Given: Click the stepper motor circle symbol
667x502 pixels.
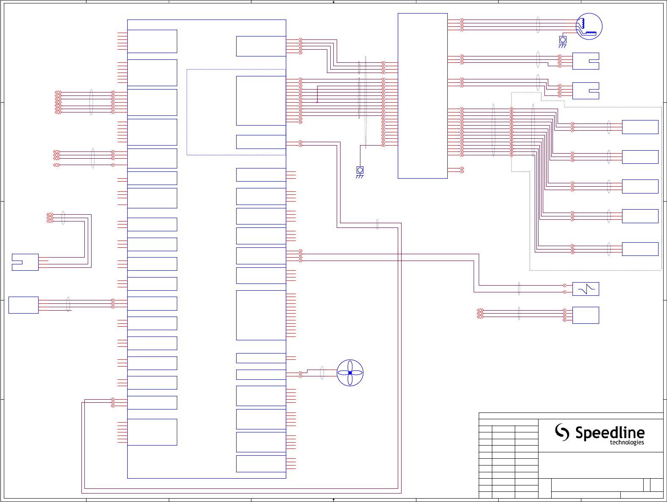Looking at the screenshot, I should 589,26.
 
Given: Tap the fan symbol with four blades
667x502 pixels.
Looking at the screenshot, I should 350,373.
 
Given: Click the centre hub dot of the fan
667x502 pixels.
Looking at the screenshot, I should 350,373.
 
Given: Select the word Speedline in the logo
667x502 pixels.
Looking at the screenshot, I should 610,433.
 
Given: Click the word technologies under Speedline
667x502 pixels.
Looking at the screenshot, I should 627,443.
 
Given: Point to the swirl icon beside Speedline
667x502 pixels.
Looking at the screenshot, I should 562,432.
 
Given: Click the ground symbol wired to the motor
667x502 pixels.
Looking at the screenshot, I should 563,41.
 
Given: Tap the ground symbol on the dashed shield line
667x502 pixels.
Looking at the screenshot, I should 360,171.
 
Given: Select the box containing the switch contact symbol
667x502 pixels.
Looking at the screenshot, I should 586,289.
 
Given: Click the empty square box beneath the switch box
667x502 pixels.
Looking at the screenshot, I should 586,315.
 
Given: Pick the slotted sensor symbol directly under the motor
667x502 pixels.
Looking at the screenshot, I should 586,61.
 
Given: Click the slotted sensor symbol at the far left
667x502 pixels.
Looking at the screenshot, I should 25,262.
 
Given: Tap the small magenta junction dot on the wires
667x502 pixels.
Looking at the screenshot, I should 317,102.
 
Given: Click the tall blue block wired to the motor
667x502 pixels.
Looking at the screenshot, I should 422,96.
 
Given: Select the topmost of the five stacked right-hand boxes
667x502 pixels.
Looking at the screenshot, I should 640,127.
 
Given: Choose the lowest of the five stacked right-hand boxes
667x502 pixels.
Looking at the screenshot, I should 640,249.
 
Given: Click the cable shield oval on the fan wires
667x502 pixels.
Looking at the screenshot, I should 322,373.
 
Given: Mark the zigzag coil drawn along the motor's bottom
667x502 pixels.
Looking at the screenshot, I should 590,33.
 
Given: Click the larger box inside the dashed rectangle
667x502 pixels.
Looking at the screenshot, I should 261,101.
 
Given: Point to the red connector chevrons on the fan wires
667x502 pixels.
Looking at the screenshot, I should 301,374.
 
